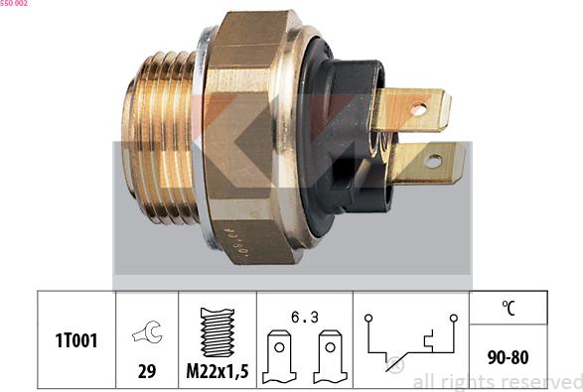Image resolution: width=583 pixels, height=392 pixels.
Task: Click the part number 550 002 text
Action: tap(13, 3)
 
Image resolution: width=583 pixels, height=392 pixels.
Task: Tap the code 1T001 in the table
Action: tap(76, 340)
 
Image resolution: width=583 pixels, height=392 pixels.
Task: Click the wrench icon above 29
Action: tap(147, 331)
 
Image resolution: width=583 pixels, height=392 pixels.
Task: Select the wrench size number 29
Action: tap(147, 371)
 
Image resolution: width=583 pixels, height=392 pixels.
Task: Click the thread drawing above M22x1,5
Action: tap(218, 332)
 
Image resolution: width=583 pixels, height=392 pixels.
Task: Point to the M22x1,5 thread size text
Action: tap(218, 371)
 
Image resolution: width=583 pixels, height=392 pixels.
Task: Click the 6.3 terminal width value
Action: tap(305, 318)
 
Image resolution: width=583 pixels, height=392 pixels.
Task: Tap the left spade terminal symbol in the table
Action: tap(280, 356)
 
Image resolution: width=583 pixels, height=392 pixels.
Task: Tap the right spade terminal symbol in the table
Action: tap(330, 356)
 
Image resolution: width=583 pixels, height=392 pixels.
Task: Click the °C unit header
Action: tap(509, 308)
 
